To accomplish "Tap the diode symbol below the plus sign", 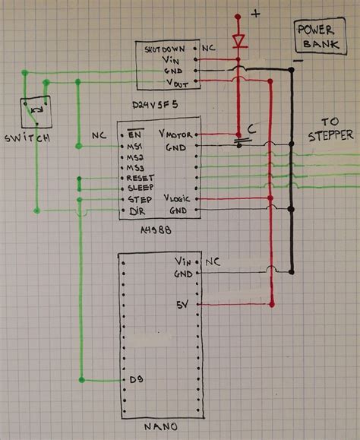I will pos(238,41).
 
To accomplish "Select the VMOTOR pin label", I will pos(177,133).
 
